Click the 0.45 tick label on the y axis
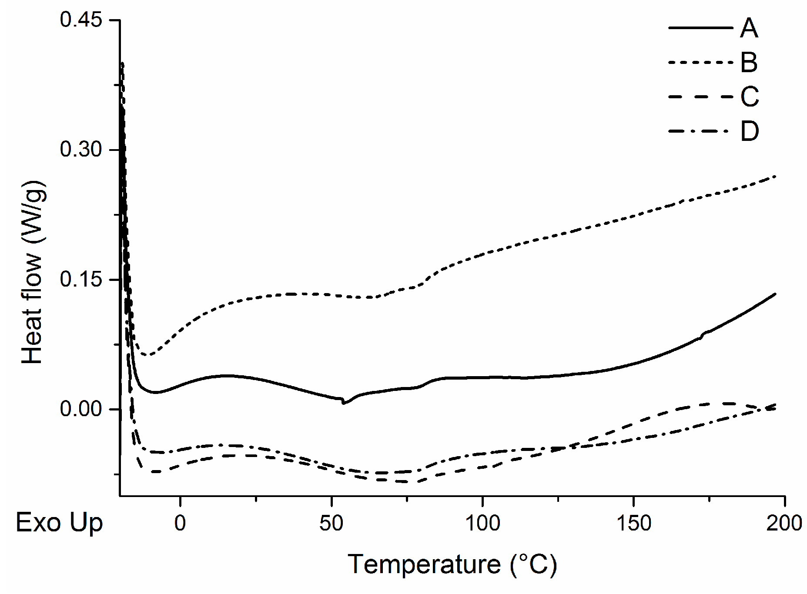(80, 20)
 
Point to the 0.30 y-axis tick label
(80, 150)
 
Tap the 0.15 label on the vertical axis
(80, 279)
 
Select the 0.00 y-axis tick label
(80, 409)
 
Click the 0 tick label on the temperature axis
(180, 523)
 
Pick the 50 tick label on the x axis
(331, 523)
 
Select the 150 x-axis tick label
(633, 523)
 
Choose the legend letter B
(749, 62)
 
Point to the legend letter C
(750, 96)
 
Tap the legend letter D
(750, 130)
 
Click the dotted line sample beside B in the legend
(700, 63)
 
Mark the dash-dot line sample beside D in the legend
(700, 130)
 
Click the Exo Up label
(59, 523)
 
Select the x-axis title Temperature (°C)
(452, 564)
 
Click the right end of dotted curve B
(775, 176)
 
